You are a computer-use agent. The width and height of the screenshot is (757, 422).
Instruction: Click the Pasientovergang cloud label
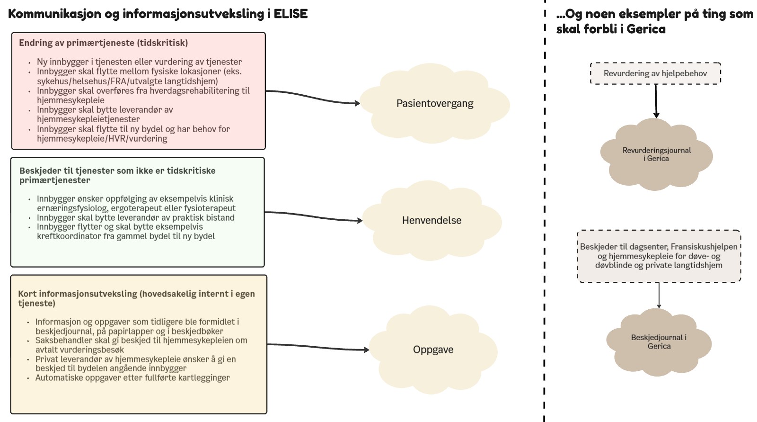pyautogui.click(x=435, y=103)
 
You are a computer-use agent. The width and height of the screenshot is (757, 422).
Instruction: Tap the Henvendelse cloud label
pyautogui.click(x=431, y=220)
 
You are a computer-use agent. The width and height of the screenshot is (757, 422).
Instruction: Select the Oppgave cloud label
pyautogui.click(x=433, y=350)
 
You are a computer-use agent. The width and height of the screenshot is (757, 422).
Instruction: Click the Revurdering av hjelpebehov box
pyautogui.click(x=655, y=73)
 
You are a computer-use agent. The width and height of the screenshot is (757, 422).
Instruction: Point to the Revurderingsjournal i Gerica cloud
pyautogui.click(x=656, y=154)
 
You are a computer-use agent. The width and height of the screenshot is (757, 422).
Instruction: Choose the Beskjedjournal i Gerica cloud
pyautogui.click(x=659, y=342)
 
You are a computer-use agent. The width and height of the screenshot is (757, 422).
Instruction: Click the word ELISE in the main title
pyautogui.click(x=290, y=14)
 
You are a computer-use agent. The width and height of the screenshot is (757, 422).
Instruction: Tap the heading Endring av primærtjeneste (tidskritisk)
pyautogui.click(x=104, y=43)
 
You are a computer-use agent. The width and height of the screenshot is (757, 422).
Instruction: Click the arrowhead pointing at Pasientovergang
pyautogui.click(x=357, y=103)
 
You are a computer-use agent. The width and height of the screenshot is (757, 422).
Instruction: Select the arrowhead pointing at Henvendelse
pyautogui.click(x=360, y=221)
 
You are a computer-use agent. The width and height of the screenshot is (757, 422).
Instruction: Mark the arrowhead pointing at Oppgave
pyautogui.click(x=366, y=350)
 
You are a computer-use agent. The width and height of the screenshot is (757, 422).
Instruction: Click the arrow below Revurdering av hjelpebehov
pyautogui.click(x=656, y=101)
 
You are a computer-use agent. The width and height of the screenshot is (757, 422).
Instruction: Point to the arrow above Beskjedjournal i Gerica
pyautogui.click(x=659, y=295)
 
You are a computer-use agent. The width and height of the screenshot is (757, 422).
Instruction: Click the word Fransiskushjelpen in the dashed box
pyautogui.click(x=704, y=247)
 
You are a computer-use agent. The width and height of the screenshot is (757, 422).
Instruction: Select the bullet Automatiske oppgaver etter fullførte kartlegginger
pyautogui.click(x=132, y=377)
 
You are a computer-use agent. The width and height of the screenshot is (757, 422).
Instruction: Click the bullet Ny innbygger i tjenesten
pyautogui.click(x=139, y=62)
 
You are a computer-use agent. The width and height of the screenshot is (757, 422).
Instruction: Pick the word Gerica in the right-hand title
pyautogui.click(x=646, y=29)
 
